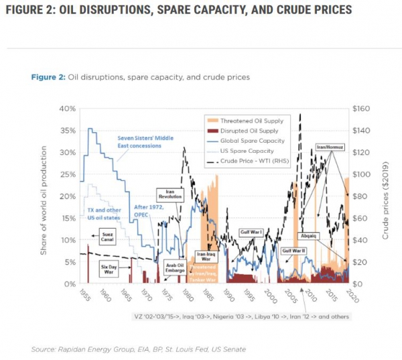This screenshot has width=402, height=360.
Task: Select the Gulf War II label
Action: (x=295, y=251)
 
